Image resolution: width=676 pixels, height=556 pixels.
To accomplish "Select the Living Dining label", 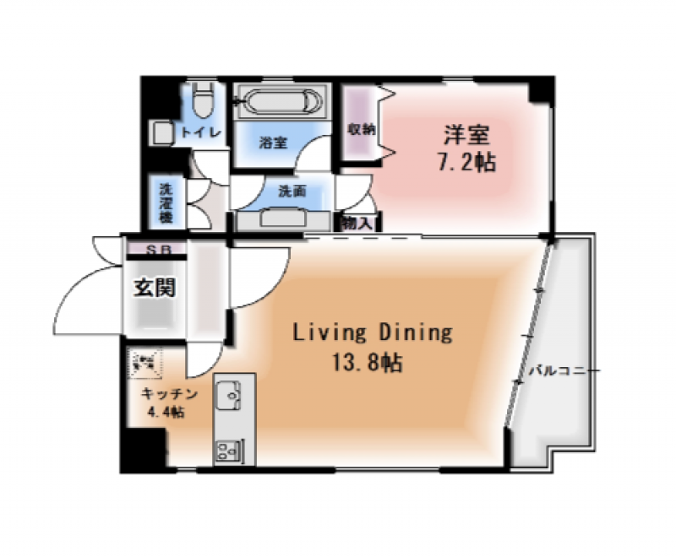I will click(x=372, y=332).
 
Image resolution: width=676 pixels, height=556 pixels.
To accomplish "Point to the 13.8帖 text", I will click(x=366, y=364).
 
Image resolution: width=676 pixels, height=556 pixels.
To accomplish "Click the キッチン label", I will click(x=169, y=394).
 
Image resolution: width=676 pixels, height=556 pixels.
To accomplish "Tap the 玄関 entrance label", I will click(x=155, y=288).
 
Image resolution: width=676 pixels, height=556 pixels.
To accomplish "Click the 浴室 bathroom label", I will click(x=273, y=143).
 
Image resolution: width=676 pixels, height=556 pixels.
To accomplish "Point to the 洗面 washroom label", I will click(x=292, y=192).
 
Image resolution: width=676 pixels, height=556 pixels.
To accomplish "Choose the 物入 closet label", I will click(x=356, y=223).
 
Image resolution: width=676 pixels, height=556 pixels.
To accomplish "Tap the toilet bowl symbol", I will click(x=202, y=101).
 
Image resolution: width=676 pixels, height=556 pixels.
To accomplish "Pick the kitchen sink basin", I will click(x=229, y=394).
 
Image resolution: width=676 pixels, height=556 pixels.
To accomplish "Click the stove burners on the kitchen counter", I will click(x=228, y=450).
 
